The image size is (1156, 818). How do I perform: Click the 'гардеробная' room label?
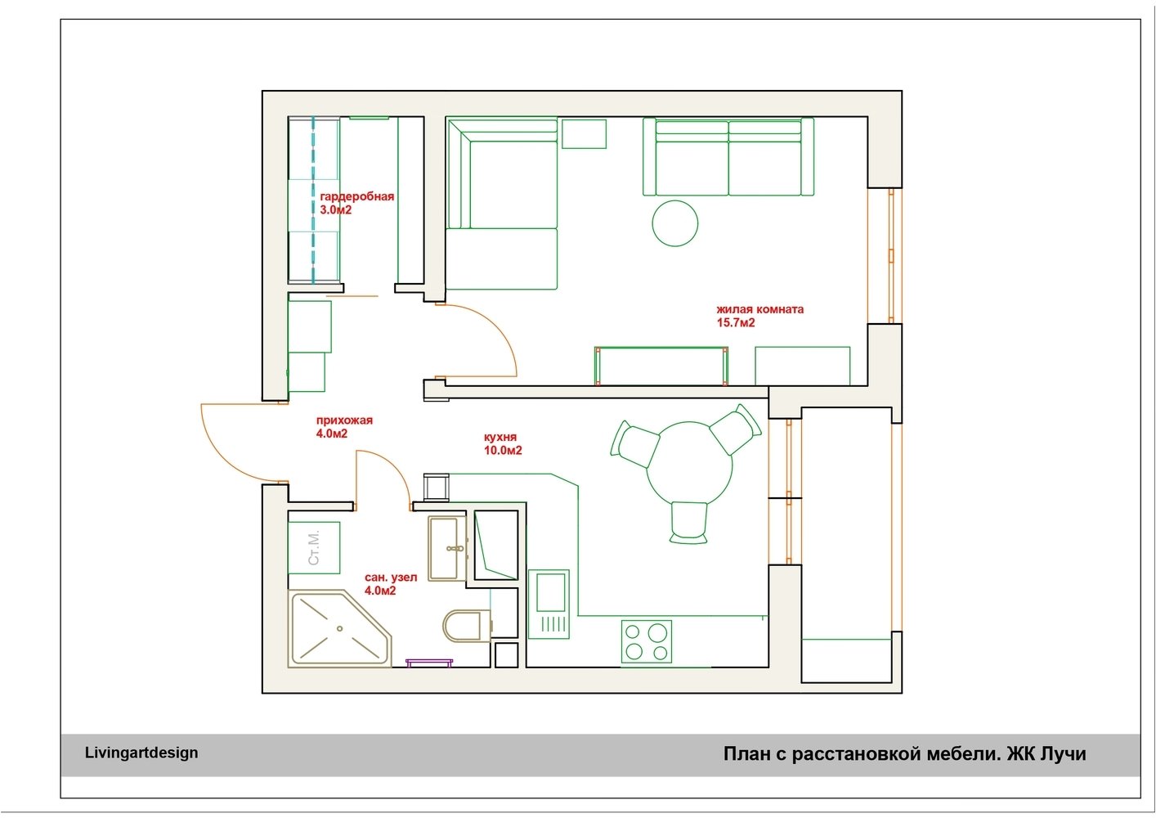pos(356,197)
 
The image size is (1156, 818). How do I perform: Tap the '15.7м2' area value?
pos(736,323)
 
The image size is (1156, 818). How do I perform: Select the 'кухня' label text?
pos(500,437)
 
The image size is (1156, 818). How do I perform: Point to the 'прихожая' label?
pos(344,420)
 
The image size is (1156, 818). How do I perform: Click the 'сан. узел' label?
pos(391,578)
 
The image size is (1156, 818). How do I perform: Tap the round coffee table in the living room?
pos(675,223)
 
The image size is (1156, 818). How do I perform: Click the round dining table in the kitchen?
pos(689,465)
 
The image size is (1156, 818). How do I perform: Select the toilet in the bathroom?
pos(467,626)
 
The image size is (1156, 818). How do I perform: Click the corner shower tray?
pos(339,628)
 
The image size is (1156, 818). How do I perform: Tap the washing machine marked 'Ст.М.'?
pos(314,547)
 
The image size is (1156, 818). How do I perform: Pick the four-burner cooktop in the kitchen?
pos(646,641)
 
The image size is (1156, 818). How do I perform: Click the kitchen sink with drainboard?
pos(549,605)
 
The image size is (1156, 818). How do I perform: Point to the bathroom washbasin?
pos(447,548)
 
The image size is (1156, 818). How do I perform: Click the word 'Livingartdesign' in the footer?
pos(141,753)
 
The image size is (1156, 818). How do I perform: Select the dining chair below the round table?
pos(689,523)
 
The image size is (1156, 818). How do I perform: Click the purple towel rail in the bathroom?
pos(429,662)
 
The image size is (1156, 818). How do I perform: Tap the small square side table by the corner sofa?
pos(584,134)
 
